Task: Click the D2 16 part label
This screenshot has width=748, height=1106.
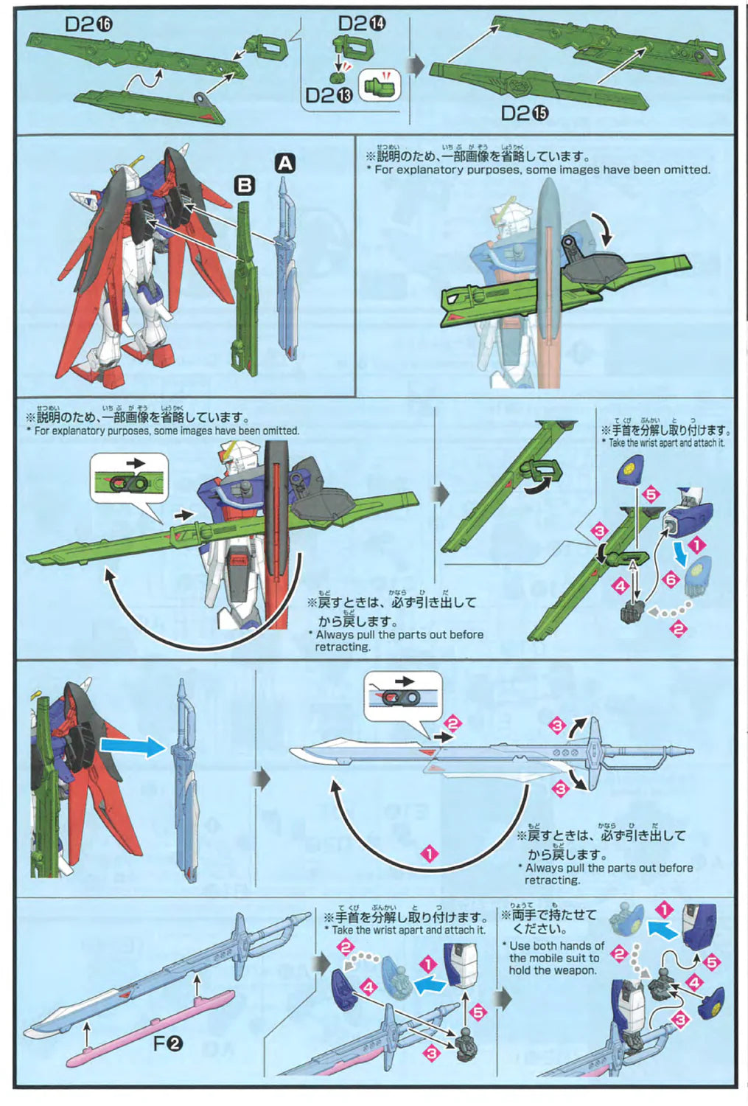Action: point(88,24)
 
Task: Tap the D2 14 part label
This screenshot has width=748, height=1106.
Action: point(361,23)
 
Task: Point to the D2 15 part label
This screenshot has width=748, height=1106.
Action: point(525,113)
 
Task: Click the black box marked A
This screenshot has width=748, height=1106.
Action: point(284,163)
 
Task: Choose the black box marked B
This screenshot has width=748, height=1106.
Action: point(244,185)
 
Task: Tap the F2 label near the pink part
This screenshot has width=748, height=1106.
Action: point(168,1043)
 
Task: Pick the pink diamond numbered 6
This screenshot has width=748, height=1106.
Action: point(671,580)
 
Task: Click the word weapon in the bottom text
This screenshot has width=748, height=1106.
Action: point(573,970)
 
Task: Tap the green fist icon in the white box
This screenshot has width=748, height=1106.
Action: point(380,86)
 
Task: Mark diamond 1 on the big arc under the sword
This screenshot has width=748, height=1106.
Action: point(429,855)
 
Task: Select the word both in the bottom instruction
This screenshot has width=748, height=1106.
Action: point(545,946)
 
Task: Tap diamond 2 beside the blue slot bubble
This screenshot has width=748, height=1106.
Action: point(452,723)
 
